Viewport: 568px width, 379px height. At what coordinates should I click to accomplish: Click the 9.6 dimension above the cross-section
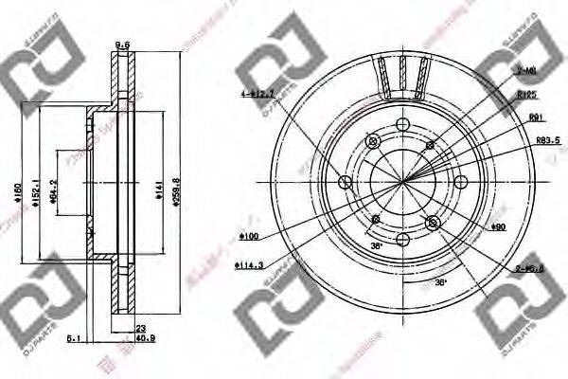coord(121,45)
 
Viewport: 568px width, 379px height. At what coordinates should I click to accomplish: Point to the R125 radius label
coord(527,96)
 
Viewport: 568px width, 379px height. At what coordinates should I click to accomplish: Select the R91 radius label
coord(536,117)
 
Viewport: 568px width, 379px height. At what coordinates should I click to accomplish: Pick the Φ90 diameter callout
coord(499,227)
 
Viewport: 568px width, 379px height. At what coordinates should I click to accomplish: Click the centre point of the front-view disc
coord(402,182)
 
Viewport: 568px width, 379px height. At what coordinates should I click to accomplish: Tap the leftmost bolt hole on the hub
coord(345,182)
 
